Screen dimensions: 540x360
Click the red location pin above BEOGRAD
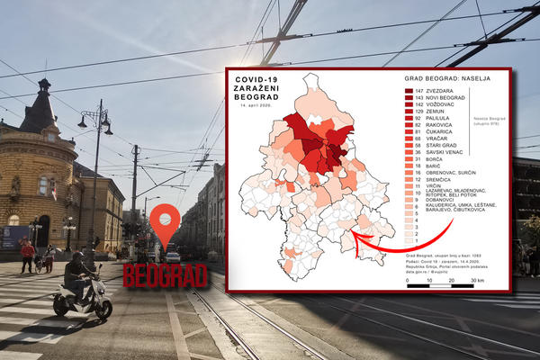point(164,227)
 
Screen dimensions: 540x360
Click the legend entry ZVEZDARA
point(438,91)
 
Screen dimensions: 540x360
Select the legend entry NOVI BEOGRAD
point(444,98)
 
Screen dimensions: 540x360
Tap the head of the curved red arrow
point(354,237)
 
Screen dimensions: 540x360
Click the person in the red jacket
point(27,254)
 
